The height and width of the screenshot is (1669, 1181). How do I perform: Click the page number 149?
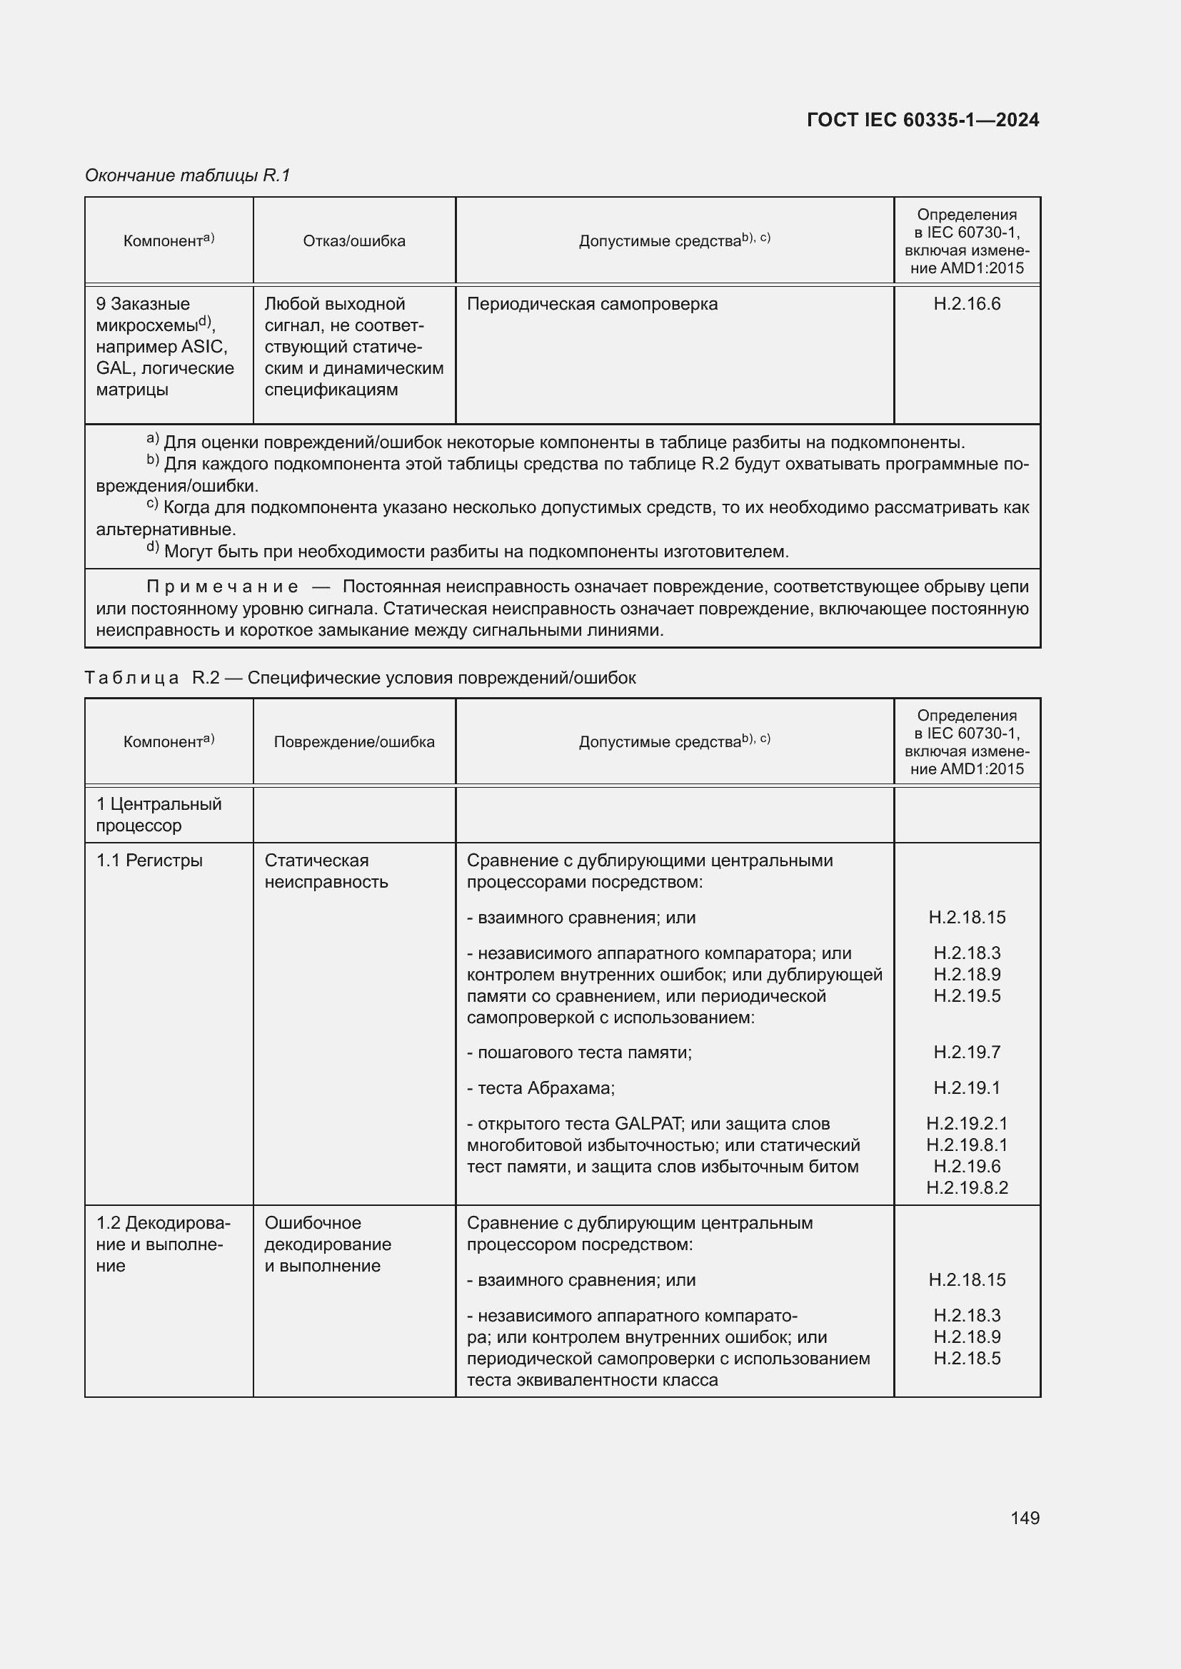pyautogui.click(x=1024, y=1518)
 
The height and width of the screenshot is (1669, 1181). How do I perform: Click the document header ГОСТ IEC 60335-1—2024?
pyautogui.click(x=922, y=120)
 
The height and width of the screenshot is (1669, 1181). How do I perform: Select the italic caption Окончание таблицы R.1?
pyautogui.click(x=188, y=176)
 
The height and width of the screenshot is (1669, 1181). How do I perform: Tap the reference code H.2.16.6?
pyautogui.click(x=967, y=304)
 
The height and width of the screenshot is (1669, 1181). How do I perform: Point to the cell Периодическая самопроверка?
pyautogui.click(x=592, y=304)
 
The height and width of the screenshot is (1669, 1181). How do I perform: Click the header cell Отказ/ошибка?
pyautogui.click(x=354, y=241)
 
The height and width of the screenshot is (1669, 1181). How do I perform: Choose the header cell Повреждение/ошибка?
pyautogui.click(x=354, y=742)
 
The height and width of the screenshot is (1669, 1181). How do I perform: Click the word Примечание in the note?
pyautogui.click(x=223, y=587)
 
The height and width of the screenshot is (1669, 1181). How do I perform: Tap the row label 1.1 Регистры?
pyautogui.click(x=149, y=861)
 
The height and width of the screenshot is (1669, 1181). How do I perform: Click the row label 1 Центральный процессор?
pyautogui.click(x=159, y=815)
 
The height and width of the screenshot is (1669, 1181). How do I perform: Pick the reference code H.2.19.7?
pyautogui.click(x=967, y=1052)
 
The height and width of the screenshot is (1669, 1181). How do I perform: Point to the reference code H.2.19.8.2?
pyautogui.click(x=967, y=1188)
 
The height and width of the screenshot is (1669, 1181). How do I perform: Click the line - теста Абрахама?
pyautogui.click(x=541, y=1088)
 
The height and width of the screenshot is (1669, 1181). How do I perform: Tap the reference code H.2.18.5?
pyautogui.click(x=967, y=1359)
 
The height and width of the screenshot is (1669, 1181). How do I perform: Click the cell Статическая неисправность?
pyautogui.click(x=326, y=871)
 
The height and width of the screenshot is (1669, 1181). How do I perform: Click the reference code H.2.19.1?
pyautogui.click(x=967, y=1088)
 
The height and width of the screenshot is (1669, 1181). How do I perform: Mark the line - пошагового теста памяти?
pyautogui.click(x=579, y=1052)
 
